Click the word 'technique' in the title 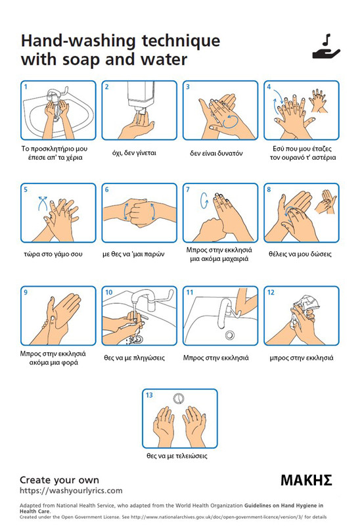(x=181, y=41)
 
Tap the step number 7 (x=188, y=189)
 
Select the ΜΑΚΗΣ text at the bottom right (x=306, y=480)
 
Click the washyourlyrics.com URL (x=71, y=490)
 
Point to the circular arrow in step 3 (x=231, y=121)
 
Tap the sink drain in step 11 (x=230, y=335)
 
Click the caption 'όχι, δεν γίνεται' (x=134, y=153)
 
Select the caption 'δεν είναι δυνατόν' (x=216, y=153)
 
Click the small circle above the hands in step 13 (x=179, y=398)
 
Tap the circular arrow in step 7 (x=204, y=201)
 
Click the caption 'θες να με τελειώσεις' (x=177, y=456)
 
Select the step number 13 (x=149, y=395)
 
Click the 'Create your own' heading (x=59, y=480)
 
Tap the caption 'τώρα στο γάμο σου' (x=53, y=254)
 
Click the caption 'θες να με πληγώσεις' (x=134, y=358)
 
